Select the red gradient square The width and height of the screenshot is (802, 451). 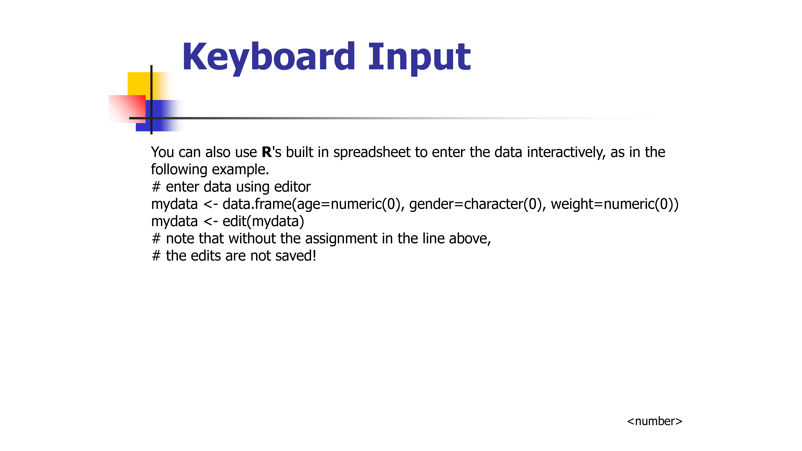point(127,109)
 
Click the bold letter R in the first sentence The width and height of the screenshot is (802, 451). point(267,152)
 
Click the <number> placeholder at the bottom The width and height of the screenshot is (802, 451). point(654,421)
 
